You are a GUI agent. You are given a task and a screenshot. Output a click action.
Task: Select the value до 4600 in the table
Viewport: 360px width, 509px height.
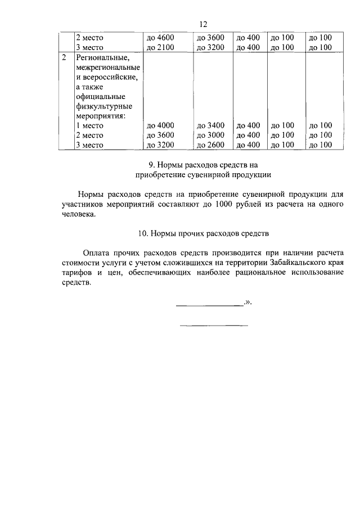(x=160, y=38)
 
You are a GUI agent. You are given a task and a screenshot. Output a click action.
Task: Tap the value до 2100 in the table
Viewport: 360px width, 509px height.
(x=160, y=48)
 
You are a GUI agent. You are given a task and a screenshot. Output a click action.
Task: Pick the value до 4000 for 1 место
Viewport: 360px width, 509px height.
(x=160, y=125)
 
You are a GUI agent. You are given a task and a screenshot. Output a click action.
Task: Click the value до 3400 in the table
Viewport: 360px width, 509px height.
(x=210, y=125)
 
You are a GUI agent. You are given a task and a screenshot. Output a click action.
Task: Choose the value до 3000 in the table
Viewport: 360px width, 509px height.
(x=210, y=135)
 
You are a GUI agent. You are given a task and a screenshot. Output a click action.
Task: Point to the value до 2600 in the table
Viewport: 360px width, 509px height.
(x=210, y=145)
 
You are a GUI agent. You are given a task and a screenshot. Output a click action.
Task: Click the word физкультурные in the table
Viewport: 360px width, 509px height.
(x=104, y=106)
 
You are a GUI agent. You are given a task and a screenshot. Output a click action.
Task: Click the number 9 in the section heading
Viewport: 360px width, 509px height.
(x=151, y=165)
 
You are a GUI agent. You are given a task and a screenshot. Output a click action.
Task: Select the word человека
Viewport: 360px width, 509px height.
(x=80, y=214)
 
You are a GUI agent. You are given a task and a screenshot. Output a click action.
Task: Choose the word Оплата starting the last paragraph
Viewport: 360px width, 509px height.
(x=94, y=253)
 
